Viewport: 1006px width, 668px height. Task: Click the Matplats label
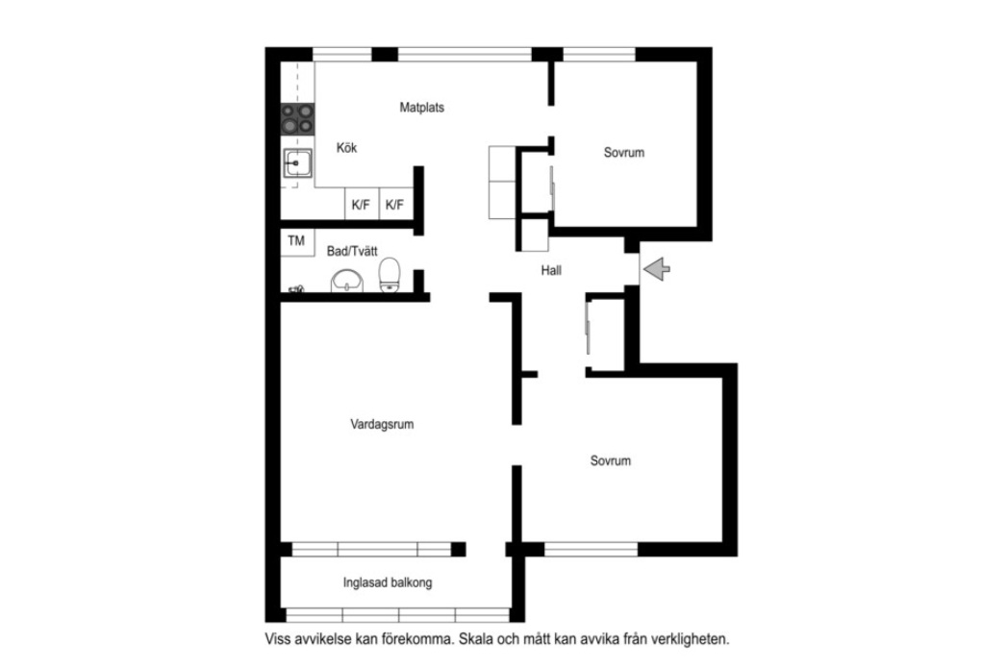coord(421,108)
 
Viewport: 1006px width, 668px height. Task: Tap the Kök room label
coord(346,148)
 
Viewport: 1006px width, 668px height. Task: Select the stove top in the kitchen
coord(298,119)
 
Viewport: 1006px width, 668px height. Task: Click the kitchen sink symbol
coord(298,163)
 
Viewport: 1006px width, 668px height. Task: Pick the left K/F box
coord(362,205)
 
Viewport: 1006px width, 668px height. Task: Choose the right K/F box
coord(395,205)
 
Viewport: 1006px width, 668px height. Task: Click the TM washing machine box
coord(297,241)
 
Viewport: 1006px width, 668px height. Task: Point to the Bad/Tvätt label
coord(352,251)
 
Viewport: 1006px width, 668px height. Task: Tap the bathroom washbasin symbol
coord(346,281)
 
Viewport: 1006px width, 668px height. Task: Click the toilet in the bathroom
coord(390,275)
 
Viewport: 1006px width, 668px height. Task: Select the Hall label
coord(551,270)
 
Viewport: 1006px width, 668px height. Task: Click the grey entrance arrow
coord(657,268)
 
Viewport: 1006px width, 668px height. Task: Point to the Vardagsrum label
coord(382,425)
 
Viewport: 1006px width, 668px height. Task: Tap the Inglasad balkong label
coord(388,582)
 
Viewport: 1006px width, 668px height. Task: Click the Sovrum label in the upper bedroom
coord(624,153)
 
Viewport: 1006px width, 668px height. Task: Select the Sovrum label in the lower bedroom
coord(611,461)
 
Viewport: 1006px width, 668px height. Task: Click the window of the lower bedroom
coord(591,550)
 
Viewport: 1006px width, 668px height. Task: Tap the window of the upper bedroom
coord(599,55)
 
